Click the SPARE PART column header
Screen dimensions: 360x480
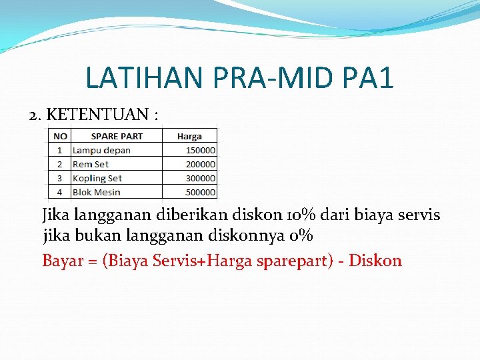117,136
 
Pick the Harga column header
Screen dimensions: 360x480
189,136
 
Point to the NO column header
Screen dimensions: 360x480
60,136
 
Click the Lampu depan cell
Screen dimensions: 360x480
101,150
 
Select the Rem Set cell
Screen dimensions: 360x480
91,164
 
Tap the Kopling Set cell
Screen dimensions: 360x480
97,178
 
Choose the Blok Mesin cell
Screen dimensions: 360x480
97,192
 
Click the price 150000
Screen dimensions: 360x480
201,150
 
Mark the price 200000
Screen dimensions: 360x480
201,164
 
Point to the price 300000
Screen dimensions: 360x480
201,178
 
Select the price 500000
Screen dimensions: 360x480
201,192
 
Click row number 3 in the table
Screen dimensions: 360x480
60,178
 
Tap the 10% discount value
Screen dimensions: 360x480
295,216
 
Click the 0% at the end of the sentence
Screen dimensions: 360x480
301,236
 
